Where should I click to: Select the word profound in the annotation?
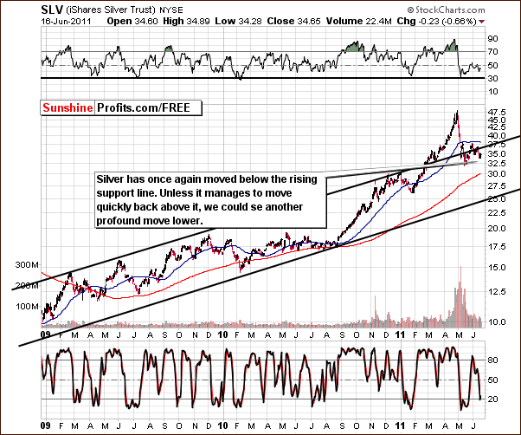point(120,221)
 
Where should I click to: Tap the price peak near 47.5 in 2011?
point(455,113)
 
